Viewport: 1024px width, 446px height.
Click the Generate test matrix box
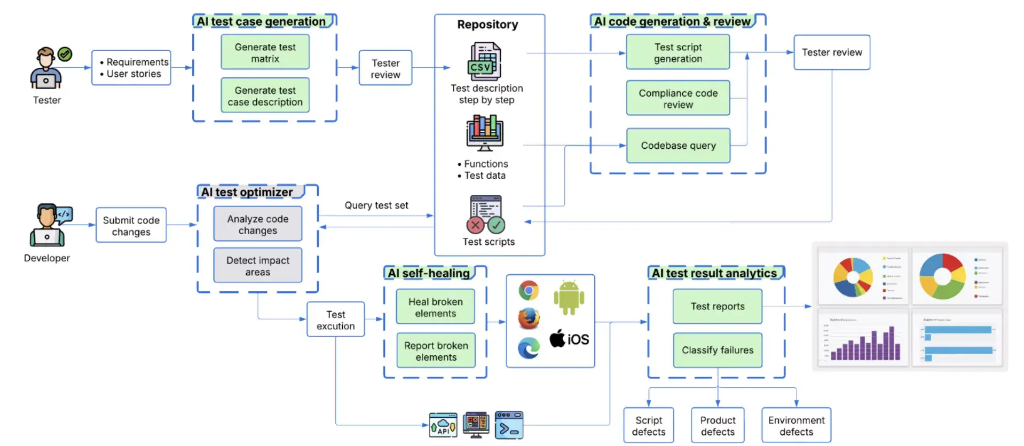265,52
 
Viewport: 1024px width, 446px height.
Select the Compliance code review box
678,98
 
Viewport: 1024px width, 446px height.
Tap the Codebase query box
678,146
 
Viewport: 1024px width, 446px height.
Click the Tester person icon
46,68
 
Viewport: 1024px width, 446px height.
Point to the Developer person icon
47,225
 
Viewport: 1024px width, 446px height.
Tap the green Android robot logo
569,297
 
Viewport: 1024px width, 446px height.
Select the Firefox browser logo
529,318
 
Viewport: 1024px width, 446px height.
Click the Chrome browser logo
529,291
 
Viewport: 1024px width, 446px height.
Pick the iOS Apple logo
558,339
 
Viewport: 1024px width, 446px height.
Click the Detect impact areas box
257,266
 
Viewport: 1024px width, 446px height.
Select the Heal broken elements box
435,307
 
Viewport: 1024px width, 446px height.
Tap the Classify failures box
717,350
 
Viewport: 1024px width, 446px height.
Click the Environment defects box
795,425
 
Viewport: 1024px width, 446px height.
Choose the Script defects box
648,425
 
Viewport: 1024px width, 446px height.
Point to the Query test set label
376,205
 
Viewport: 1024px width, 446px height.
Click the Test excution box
335,320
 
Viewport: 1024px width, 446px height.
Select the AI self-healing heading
429,273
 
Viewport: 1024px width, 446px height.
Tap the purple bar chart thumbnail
863,338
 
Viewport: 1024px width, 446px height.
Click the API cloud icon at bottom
443,425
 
